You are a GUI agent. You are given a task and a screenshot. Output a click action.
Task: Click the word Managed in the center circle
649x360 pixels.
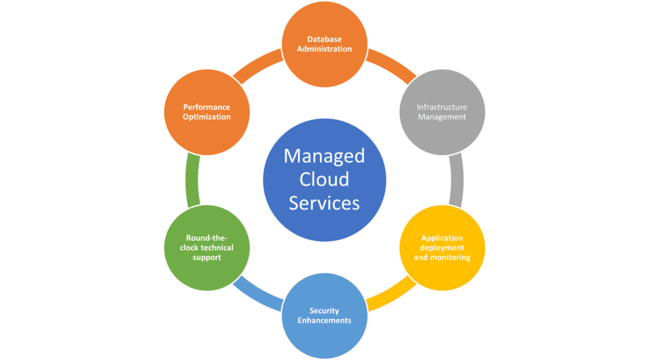[x=324, y=155]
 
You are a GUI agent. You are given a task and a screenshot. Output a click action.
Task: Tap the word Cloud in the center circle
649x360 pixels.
[x=324, y=179]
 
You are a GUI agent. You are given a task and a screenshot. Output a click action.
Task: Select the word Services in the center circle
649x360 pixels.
[x=324, y=203]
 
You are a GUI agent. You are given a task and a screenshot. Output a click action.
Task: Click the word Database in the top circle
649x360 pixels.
[x=324, y=39]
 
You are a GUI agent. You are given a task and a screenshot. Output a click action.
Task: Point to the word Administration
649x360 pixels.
[x=324, y=49]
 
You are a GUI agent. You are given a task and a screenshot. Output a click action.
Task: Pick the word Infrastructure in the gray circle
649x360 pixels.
[x=442, y=107]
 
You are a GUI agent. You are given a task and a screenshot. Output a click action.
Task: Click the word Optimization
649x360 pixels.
[x=207, y=117]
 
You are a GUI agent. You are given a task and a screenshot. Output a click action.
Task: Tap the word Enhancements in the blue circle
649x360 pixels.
[x=324, y=320]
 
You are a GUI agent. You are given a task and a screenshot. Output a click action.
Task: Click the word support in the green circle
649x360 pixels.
[x=207, y=257]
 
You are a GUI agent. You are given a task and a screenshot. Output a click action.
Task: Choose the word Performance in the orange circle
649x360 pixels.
[x=207, y=107]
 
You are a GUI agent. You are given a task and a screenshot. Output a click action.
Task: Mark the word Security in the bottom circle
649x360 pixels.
[x=324, y=311]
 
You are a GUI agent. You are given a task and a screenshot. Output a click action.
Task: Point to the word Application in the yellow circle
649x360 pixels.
[x=442, y=238]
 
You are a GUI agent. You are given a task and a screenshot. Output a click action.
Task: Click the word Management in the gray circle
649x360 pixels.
[x=442, y=117]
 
